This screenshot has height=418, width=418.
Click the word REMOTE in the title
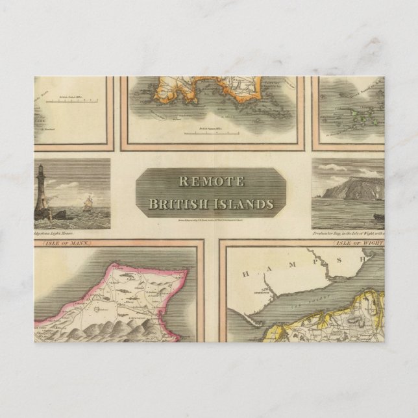[x=212, y=182]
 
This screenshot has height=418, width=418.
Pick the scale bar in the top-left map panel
[x=77, y=101]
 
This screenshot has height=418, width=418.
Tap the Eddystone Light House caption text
[x=55, y=232]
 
